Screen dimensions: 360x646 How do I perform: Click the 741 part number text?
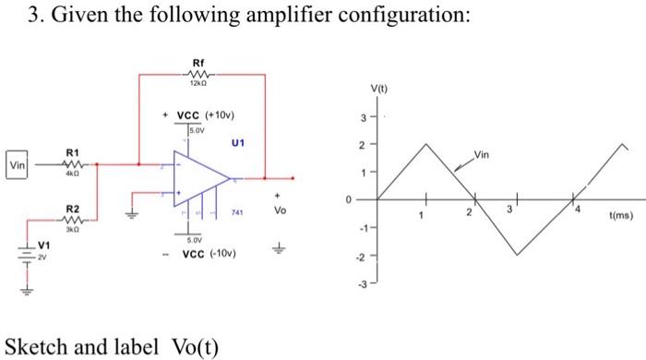pyautogui.click(x=235, y=211)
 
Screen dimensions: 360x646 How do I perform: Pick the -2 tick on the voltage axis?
pyautogui.click(x=362, y=257)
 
